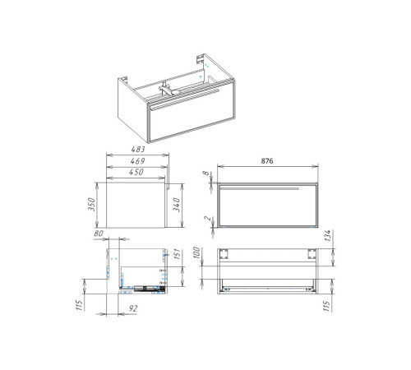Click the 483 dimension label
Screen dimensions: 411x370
pyautogui.click(x=138, y=150)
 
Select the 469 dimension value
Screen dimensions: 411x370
pyautogui.click(x=137, y=161)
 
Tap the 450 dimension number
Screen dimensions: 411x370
pyautogui.click(x=136, y=172)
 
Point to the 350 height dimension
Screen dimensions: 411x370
pyautogui.click(x=91, y=204)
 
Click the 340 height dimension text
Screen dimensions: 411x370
pyautogui.click(x=177, y=205)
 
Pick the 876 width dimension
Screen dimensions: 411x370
pyautogui.click(x=267, y=161)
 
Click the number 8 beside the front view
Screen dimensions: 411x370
pyautogui.click(x=206, y=173)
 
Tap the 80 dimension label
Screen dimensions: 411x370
pyautogui.click(x=99, y=234)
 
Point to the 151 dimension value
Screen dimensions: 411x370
pyautogui.click(x=178, y=255)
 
